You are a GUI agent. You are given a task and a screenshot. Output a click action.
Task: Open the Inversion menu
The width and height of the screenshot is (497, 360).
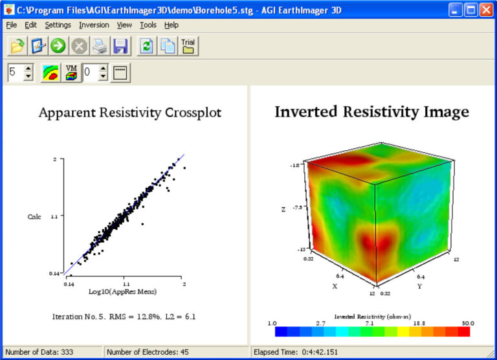(94, 25)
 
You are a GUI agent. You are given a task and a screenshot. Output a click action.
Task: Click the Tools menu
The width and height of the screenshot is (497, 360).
(148, 25)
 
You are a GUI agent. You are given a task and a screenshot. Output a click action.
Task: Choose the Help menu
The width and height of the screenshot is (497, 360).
(171, 25)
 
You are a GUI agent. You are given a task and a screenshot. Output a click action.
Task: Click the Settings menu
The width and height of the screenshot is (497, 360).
(58, 25)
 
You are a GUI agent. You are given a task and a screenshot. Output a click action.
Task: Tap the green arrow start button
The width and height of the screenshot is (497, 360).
(59, 47)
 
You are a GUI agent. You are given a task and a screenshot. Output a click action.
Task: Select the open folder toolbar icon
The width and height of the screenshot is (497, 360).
(17, 47)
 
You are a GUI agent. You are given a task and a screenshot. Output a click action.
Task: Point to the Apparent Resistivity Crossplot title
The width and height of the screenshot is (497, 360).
(130, 113)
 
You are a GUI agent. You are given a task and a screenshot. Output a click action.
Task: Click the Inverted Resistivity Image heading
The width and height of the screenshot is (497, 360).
(371, 111)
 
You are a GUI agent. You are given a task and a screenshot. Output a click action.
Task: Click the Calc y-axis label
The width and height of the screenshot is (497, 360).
(34, 216)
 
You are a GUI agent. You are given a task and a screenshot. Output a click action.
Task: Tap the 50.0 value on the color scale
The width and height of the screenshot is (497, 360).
(467, 322)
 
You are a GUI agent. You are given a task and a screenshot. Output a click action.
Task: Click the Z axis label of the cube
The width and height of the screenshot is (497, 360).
(283, 209)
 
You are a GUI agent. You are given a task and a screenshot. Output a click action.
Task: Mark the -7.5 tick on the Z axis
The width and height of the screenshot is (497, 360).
(297, 207)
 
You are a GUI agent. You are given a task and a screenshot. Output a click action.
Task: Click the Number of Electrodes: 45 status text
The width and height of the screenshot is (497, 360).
(148, 352)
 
